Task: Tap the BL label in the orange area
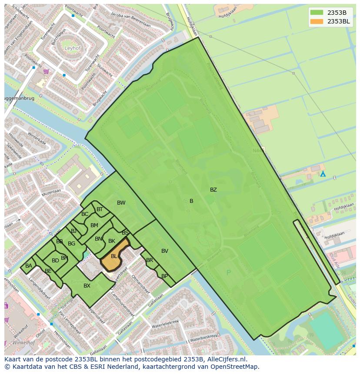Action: [x=114, y=256]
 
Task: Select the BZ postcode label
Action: [x=213, y=190]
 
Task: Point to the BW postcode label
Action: [x=121, y=203]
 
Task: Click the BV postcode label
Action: [x=165, y=251]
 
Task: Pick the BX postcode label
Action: [x=87, y=286]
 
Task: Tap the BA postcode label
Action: [x=29, y=266]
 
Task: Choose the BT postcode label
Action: [x=100, y=209]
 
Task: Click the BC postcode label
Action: [x=85, y=214]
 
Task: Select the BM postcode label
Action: [x=94, y=225]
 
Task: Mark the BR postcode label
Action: [x=150, y=261]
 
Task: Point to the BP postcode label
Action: [x=164, y=276]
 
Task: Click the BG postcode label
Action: [x=72, y=244]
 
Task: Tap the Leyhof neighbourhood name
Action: [x=73, y=48]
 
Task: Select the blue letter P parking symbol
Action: [x=229, y=273]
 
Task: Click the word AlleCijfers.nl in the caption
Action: [x=226, y=360]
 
